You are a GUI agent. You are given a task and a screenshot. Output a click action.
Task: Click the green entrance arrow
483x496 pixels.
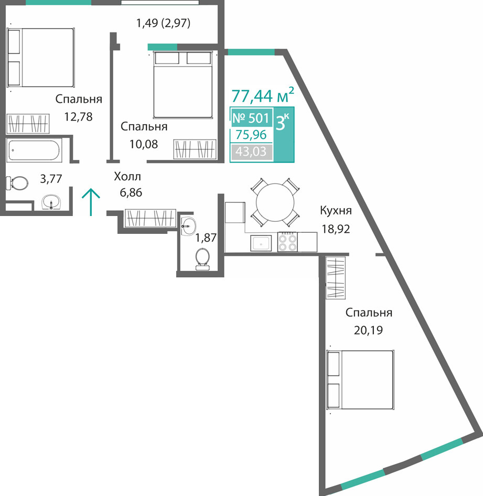point(91,202)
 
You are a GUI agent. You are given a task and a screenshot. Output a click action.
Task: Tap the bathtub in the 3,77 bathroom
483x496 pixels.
point(34,150)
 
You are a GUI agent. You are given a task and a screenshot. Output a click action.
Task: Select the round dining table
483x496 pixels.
point(275,202)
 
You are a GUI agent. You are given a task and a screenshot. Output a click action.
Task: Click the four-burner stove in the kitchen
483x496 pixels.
point(287,242)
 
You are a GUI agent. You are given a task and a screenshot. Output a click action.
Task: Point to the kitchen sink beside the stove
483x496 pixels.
point(261,243)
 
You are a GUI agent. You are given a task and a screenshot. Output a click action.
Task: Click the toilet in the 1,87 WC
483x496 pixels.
point(202,259)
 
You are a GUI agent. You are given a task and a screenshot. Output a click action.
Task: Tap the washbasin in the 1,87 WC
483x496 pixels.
point(188,226)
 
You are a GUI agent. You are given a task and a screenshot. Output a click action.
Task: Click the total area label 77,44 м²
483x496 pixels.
point(263,95)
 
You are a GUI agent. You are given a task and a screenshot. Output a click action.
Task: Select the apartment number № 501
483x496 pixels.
point(251,118)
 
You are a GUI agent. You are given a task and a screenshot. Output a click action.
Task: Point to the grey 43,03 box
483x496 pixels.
point(251,152)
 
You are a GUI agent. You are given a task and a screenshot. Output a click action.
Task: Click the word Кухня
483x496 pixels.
point(336,210)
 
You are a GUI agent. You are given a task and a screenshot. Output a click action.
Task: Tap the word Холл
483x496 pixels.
point(127,176)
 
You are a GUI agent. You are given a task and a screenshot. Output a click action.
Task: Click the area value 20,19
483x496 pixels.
point(369,330)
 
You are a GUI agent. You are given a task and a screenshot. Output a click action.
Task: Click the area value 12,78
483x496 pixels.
point(79,117)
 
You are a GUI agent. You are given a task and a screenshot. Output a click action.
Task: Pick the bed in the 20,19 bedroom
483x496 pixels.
point(360,380)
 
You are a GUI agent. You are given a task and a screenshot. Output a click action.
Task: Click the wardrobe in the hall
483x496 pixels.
point(150,218)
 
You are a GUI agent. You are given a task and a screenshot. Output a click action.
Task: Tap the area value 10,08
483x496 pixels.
point(144,144)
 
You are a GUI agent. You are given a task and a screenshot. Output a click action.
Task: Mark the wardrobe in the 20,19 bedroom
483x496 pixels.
point(336,277)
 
